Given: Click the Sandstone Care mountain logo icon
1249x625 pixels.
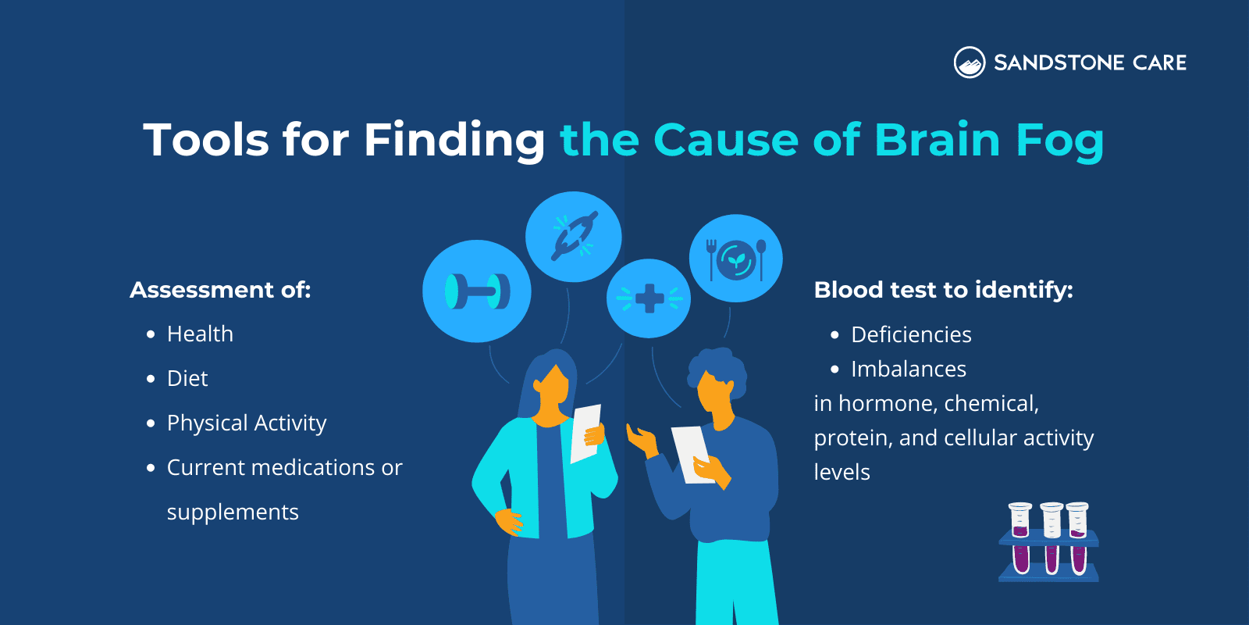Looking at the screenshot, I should click(970, 62).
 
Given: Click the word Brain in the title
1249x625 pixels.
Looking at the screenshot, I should click(937, 140).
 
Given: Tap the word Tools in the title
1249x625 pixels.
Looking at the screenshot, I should click(205, 140).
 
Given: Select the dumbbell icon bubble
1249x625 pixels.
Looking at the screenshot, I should click(477, 291).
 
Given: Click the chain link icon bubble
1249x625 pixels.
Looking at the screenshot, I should click(574, 236).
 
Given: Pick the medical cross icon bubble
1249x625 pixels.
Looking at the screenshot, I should click(649, 298).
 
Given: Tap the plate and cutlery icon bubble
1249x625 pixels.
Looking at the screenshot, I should click(736, 259).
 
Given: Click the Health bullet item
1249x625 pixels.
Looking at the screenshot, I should click(200, 334).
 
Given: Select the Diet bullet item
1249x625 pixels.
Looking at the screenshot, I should click(187, 379).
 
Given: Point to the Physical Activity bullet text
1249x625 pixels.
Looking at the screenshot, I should click(247, 423).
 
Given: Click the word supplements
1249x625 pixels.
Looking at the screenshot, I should click(233, 512).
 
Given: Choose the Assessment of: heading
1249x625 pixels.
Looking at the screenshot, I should click(220, 290).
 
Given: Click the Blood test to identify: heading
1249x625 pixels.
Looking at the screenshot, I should click(943, 290).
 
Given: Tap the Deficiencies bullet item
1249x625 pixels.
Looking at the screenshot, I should click(911, 335).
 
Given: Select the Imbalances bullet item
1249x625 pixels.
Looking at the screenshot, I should click(909, 370).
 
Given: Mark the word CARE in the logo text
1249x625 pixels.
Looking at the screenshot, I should click(1159, 62).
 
